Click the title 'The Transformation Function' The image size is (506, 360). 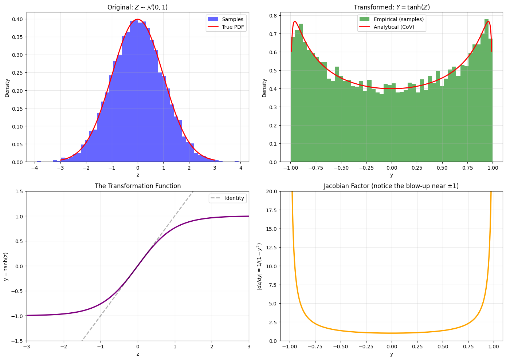(138, 186)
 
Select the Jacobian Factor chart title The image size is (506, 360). (391, 186)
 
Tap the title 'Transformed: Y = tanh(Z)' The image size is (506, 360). (392, 7)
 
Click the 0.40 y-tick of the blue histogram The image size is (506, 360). (18, 19)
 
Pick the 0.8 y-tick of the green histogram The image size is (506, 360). (274, 16)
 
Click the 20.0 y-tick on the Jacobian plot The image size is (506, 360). (271, 191)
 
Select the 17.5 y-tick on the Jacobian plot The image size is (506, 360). (271, 210)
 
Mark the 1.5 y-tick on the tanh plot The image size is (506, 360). (19, 191)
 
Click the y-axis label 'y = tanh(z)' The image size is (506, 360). (6, 266)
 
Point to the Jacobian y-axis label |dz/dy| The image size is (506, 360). (259, 266)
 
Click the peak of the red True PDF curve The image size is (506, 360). (138, 19)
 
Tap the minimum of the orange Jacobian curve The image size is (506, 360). (392, 333)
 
